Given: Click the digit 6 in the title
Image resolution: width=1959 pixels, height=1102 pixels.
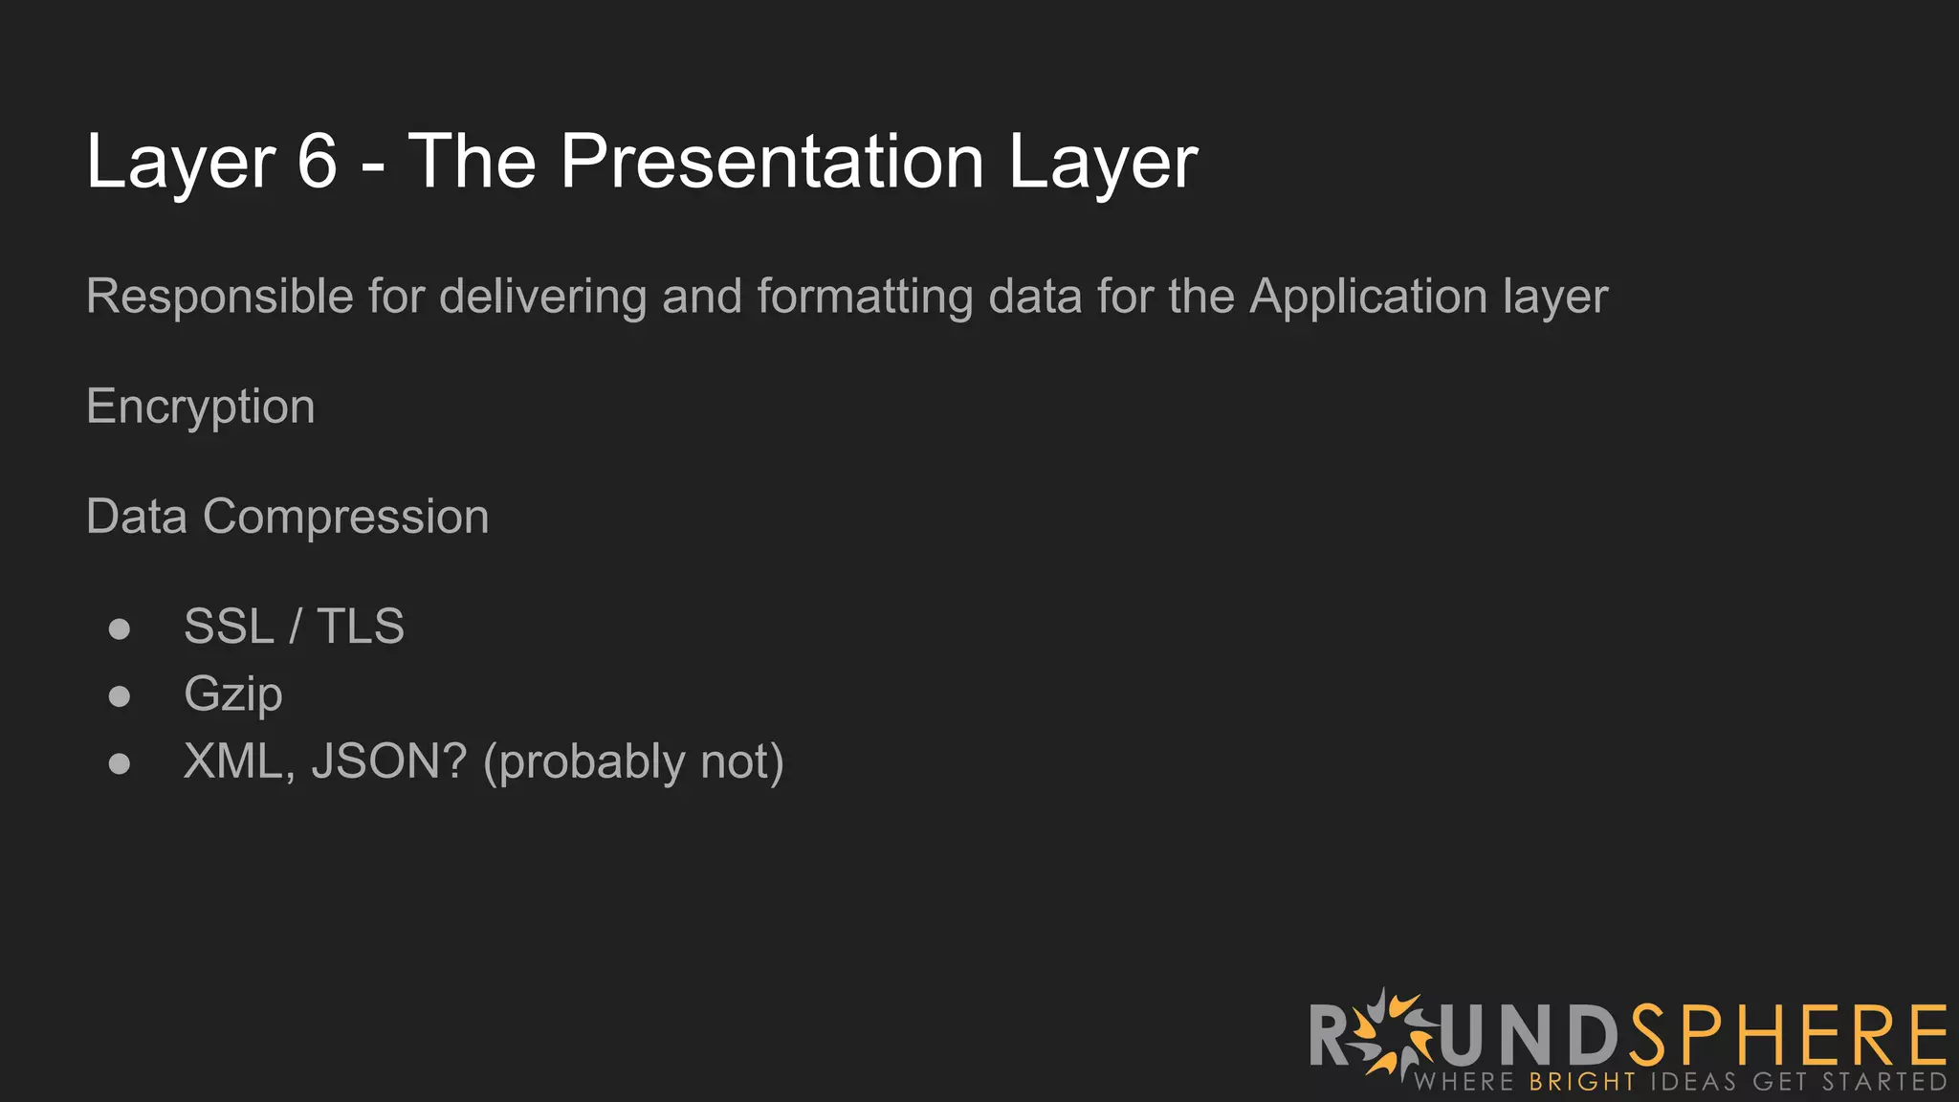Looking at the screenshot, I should click(317, 162).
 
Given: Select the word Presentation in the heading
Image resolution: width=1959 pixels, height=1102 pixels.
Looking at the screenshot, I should click(772, 162).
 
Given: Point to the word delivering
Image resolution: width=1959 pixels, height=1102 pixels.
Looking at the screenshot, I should click(542, 297).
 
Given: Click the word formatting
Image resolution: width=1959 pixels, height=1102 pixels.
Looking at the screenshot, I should click(864, 297).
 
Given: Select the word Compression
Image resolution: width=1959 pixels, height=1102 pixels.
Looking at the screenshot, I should click(345, 518).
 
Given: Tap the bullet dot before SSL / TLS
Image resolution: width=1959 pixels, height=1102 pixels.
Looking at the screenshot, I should click(120, 628).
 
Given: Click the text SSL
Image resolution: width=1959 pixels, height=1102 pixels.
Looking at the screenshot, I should click(229, 628).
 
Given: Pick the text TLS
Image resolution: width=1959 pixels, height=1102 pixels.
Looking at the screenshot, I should click(361, 628).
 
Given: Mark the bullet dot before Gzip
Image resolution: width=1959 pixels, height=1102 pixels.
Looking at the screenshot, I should click(120, 695).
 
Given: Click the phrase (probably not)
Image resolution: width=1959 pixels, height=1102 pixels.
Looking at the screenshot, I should click(633, 762).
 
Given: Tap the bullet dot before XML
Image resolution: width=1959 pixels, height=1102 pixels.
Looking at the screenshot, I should click(120, 763).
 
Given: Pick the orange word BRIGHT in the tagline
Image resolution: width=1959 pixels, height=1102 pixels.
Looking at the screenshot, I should click(1582, 1082).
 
